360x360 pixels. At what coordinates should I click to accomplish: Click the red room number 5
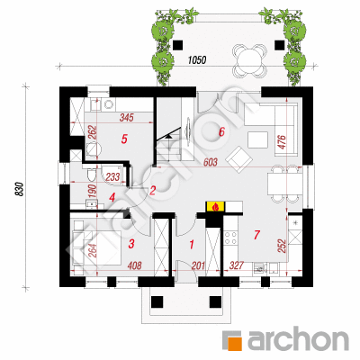click(124, 139)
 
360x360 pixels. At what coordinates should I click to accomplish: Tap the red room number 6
click(221, 131)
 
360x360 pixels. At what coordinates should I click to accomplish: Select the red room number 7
click(256, 235)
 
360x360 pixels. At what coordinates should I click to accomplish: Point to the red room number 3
click(131, 244)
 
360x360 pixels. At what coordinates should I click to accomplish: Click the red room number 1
click(192, 245)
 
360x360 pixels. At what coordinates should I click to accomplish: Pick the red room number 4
click(112, 197)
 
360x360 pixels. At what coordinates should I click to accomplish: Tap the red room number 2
click(153, 190)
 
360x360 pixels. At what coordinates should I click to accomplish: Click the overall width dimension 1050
click(197, 60)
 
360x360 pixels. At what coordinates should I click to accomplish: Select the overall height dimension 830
click(20, 189)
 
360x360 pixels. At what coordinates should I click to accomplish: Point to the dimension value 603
click(211, 162)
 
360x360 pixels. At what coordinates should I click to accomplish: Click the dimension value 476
click(283, 142)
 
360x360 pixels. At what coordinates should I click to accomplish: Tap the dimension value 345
click(126, 118)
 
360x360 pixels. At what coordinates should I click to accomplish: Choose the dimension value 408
click(135, 265)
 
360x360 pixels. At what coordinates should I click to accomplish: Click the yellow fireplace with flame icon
click(215, 206)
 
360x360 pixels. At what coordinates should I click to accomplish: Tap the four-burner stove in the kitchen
click(230, 238)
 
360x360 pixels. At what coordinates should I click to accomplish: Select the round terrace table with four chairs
click(250, 59)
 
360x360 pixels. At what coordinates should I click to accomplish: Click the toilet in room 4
click(90, 174)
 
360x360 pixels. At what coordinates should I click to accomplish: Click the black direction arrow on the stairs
click(169, 137)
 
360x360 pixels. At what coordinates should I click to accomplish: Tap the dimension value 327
click(237, 265)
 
